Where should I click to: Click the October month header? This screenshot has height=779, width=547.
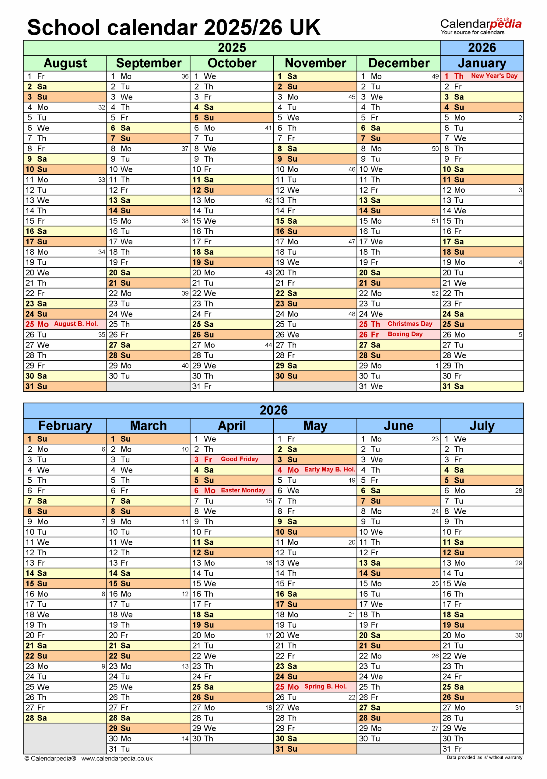tap(232, 63)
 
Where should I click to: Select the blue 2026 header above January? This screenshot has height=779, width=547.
tap(482, 48)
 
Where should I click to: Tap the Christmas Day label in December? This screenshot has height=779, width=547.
tap(410, 324)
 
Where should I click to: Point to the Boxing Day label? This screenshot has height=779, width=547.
tap(405, 334)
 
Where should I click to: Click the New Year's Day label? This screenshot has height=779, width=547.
tap(494, 76)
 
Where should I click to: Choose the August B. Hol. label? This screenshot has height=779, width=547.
tap(76, 324)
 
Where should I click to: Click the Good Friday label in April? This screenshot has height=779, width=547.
tap(239, 459)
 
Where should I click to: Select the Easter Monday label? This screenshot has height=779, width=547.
tap(243, 490)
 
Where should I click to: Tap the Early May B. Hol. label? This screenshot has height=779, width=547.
tap(329, 469)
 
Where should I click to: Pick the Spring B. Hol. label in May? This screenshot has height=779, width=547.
tap(325, 686)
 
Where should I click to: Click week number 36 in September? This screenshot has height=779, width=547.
tap(185, 76)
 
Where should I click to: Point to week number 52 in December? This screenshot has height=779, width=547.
tap(435, 293)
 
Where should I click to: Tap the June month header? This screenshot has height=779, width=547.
tap(398, 426)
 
